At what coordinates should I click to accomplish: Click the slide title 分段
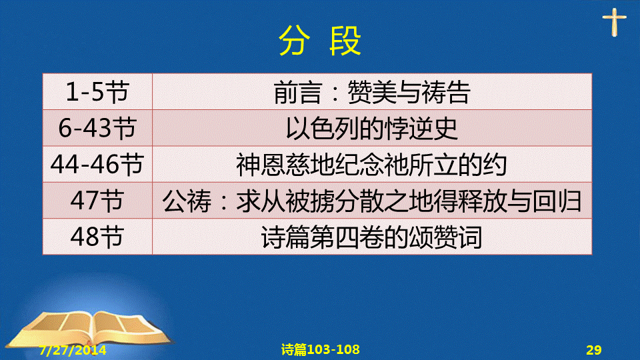tap(320, 41)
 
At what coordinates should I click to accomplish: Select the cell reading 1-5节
tap(97, 92)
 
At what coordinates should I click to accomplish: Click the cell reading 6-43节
tap(97, 128)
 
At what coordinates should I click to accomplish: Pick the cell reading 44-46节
tap(97, 165)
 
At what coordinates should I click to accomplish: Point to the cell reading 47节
tap(97, 201)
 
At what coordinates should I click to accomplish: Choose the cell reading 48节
tap(97, 237)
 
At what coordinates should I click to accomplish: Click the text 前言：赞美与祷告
tap(372, 92)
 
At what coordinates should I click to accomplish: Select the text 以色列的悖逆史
tap(372, 129)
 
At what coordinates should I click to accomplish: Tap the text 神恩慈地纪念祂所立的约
tap(372, 165)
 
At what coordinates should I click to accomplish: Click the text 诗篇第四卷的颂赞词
tap(372, 237)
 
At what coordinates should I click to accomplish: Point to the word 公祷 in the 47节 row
tap(187, 201)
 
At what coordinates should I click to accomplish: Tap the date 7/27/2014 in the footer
tap(73, 350)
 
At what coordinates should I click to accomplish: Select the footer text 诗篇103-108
tap(321, 350)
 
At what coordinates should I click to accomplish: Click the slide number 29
tap(594, 350)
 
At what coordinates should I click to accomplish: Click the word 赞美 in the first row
tap(372, 92)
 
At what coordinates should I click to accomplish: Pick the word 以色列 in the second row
tap(323, 129)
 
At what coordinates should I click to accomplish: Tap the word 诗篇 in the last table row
tap(286, 237)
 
